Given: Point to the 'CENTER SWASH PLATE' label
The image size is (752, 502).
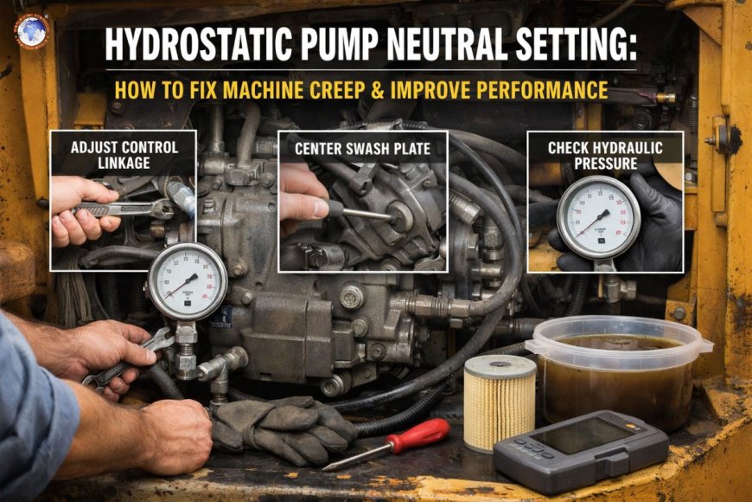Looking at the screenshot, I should (x=362, y=148).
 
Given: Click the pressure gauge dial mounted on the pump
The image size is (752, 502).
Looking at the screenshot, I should (x=187, y=281).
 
